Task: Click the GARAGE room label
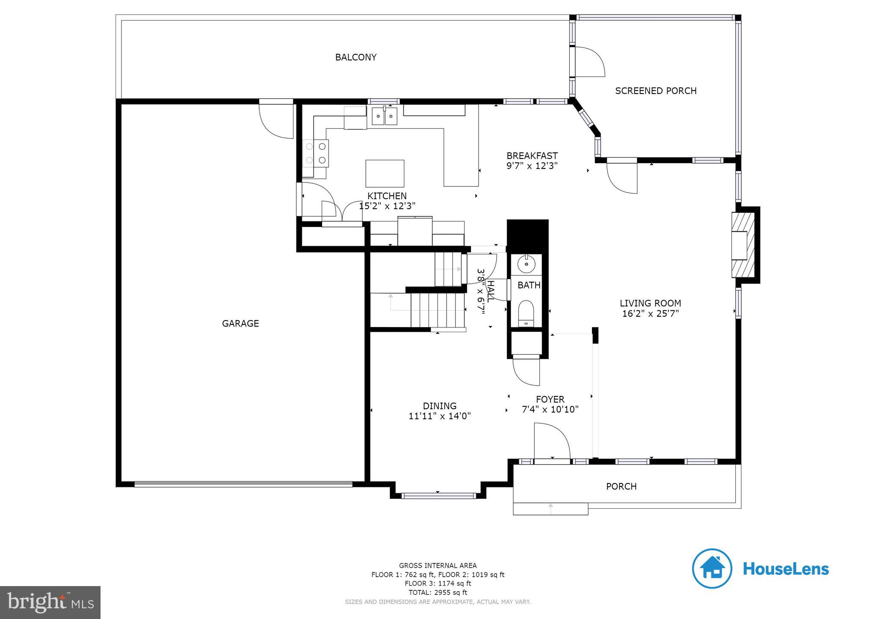[x=240, y=324]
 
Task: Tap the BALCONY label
[x=355, y=57]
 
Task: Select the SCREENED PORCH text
[x=655, y=91]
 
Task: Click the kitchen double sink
[x=384, y=116]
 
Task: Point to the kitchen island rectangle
[x=385, y=173]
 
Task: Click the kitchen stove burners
[x=316, y=153]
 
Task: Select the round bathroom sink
[x=526, y=265]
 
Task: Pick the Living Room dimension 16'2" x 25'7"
[x=650, y=314]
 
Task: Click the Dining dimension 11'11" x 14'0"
[x=439, y=416]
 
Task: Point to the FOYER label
[x=550, y=399]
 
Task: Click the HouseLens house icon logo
[x=712, y=569]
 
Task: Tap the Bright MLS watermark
[x=50, y=602]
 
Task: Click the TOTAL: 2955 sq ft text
[x=438, y=592]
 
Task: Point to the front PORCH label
[x=621, y=486]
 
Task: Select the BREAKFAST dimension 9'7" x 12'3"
[x=532, y=166]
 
